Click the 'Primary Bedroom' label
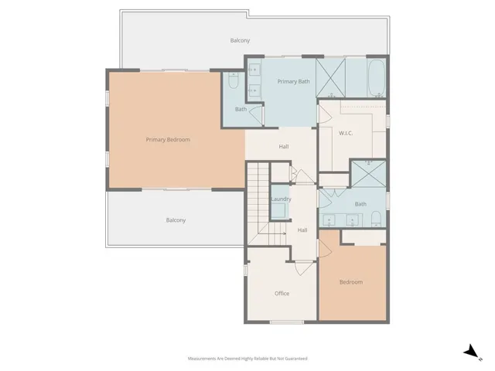[168, 140]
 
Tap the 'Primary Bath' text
[293, 80]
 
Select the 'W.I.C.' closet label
[346, 133]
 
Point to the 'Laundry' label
[281, 199]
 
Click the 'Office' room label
[282, 293]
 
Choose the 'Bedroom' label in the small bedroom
[350, 282]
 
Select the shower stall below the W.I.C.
[368, 175]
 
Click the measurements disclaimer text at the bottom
[247, 359]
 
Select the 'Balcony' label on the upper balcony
[240, 40]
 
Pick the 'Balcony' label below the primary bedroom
[176, 220]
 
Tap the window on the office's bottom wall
[285, 322]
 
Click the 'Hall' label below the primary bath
[283, 146]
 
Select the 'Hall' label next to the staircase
[302, 230]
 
